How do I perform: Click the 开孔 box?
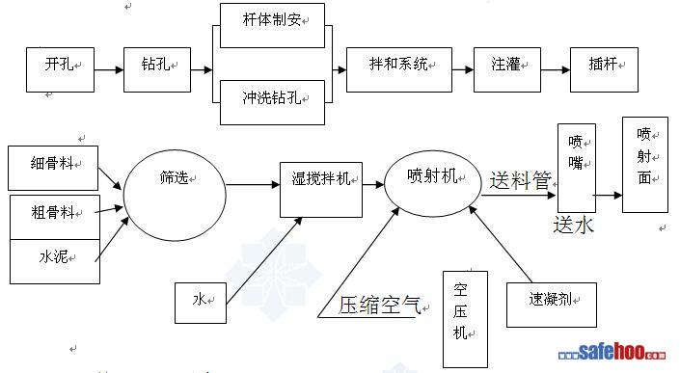pyautogui.click(x=60, y=69)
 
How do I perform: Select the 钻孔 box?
pyautogui.click(x=157, y=69)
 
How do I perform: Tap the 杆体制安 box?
pyautogui.click(x=272, y=26)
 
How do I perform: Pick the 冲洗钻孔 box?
pyautogui.click(x=272, y=103)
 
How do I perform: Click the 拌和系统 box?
pyautogui.click(x=399, y=69)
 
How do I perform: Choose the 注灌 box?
pyautogui.click(x=507, y=69)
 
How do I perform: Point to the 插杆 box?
pyautogui.click(x=604, y=69)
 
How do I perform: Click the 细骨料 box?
pyautogui.click(x=53, y=168)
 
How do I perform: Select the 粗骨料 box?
pyautogui.click(x=55, y=217)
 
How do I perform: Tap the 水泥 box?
pyautogui.click(x=55, y=261)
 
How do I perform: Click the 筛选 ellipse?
pyautogui.click(x=175, y=196)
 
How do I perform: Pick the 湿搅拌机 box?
pyautogui.click(x=321, y=190)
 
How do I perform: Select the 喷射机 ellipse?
pyautogui.click(x=433, y=183)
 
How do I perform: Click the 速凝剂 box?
pyautogui.click(x=552, y=305)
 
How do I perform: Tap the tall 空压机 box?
pyautogui.click(x=465, y=319)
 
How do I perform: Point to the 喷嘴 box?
pyautogui.click(x=577, y=168)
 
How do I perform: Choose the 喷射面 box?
pyautogui.click(x=645, y=165)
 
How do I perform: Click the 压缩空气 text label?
pyautogui.click(x=379, y=305)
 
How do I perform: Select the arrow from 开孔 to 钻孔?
pyautogui.click(x=109, y=69)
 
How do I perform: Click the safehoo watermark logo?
pyautogui.click(x=612, y=352)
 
